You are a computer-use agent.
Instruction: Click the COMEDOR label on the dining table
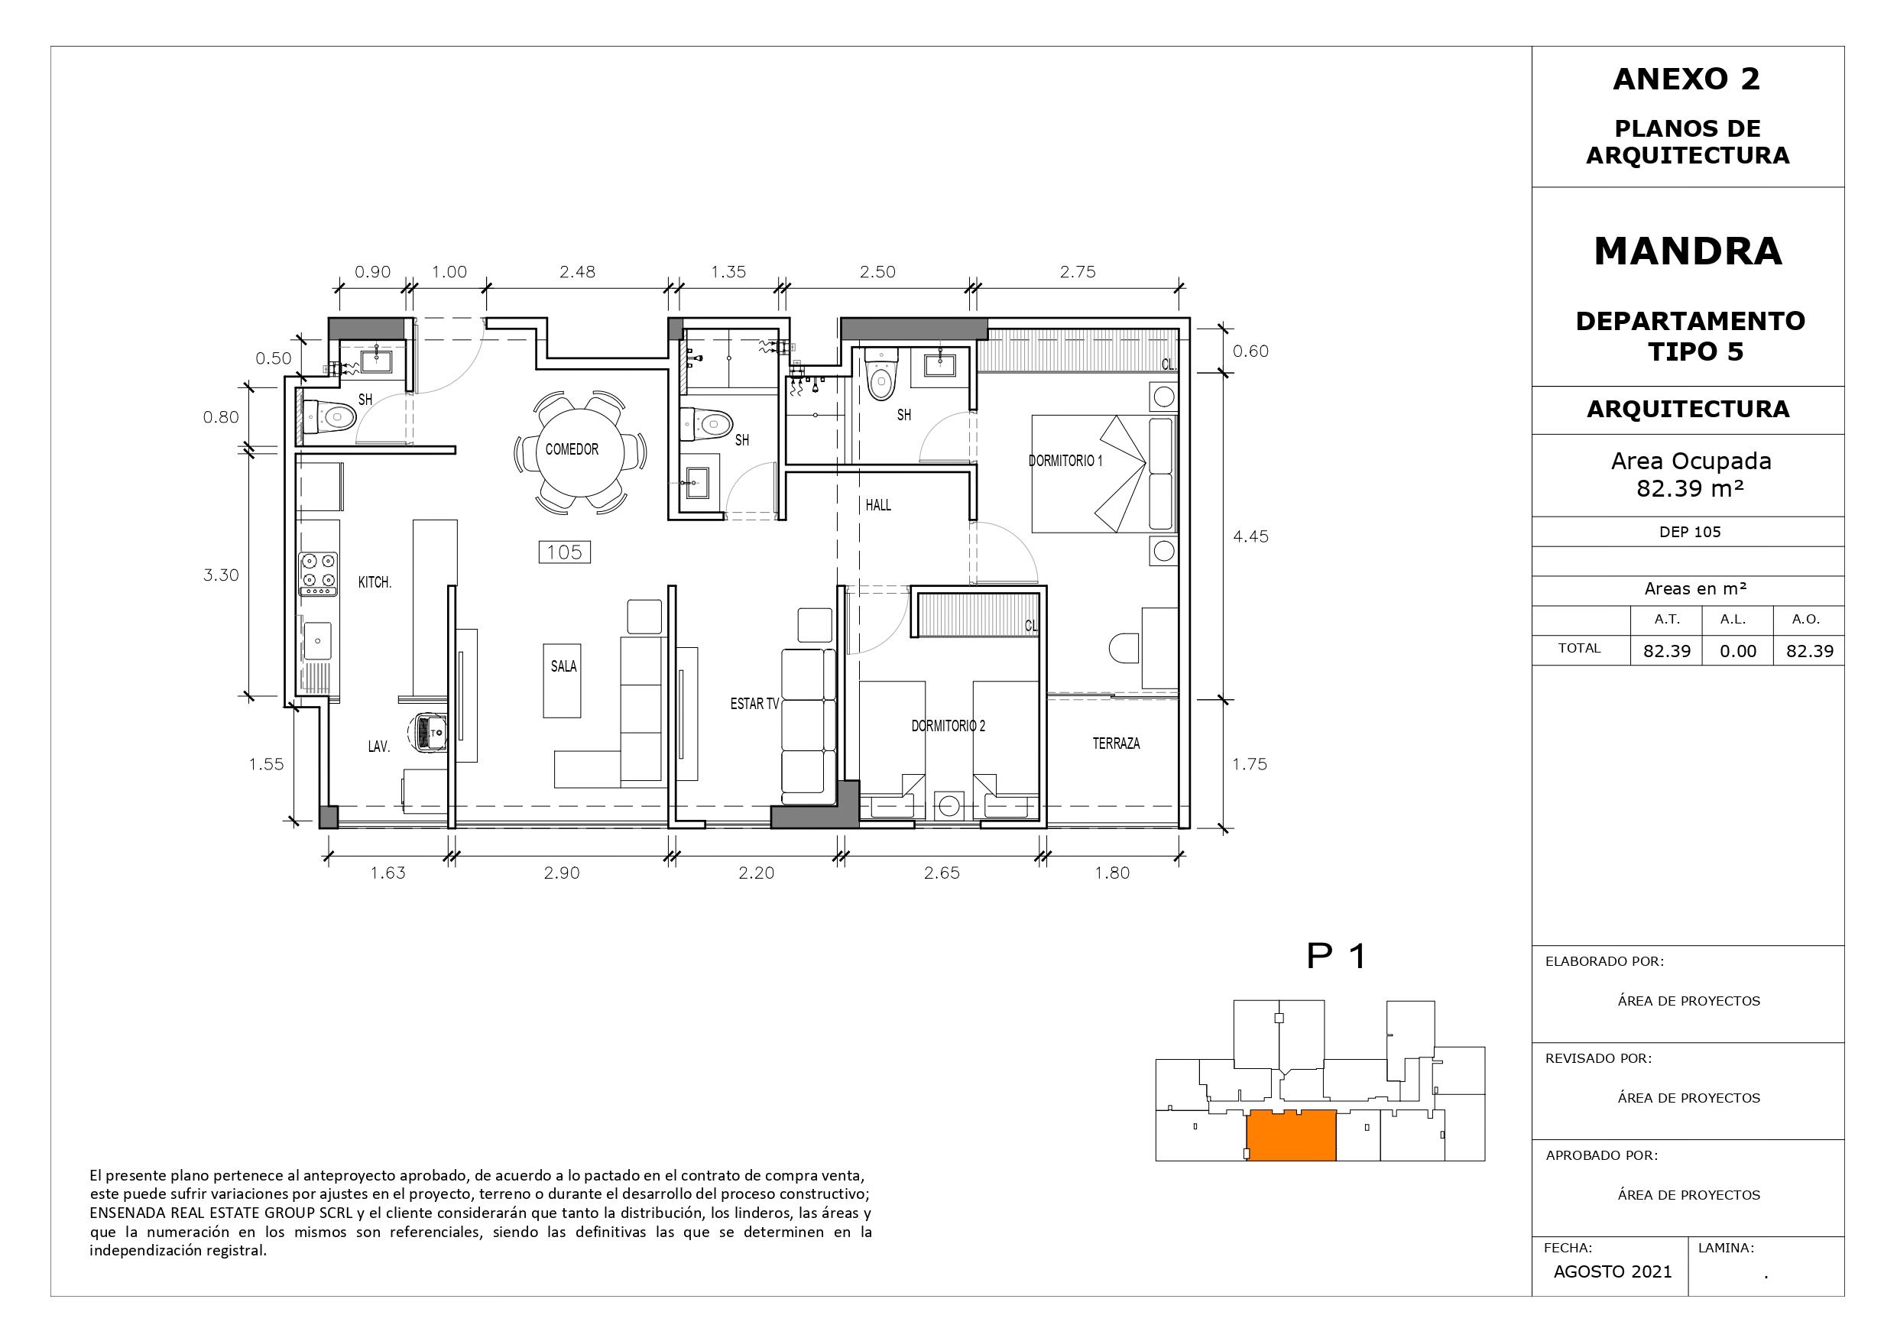coord(572,449)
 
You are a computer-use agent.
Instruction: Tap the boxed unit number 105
coord(564,552)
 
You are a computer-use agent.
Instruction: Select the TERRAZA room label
coord(1116,743)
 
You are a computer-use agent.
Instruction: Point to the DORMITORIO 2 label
coord(948,726)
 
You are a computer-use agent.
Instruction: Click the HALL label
coord(878,505)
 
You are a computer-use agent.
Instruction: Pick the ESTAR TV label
coord(754,704)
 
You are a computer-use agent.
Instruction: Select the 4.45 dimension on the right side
coord(1250,536)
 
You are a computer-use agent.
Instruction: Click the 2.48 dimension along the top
coord(577,272)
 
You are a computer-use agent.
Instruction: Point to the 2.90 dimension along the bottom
coord(562,873)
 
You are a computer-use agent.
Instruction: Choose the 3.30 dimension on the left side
coord(222,575)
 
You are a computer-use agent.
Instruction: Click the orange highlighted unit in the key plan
coord(1291,1136)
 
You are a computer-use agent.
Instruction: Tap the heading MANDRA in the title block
coord(1688,251)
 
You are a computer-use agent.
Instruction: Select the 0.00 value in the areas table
coord(1737,651)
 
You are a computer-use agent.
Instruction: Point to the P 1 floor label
coord(1337,956)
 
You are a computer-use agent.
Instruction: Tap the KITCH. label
coord(375,582)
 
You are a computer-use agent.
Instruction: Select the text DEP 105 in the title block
coord(1690,532)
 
